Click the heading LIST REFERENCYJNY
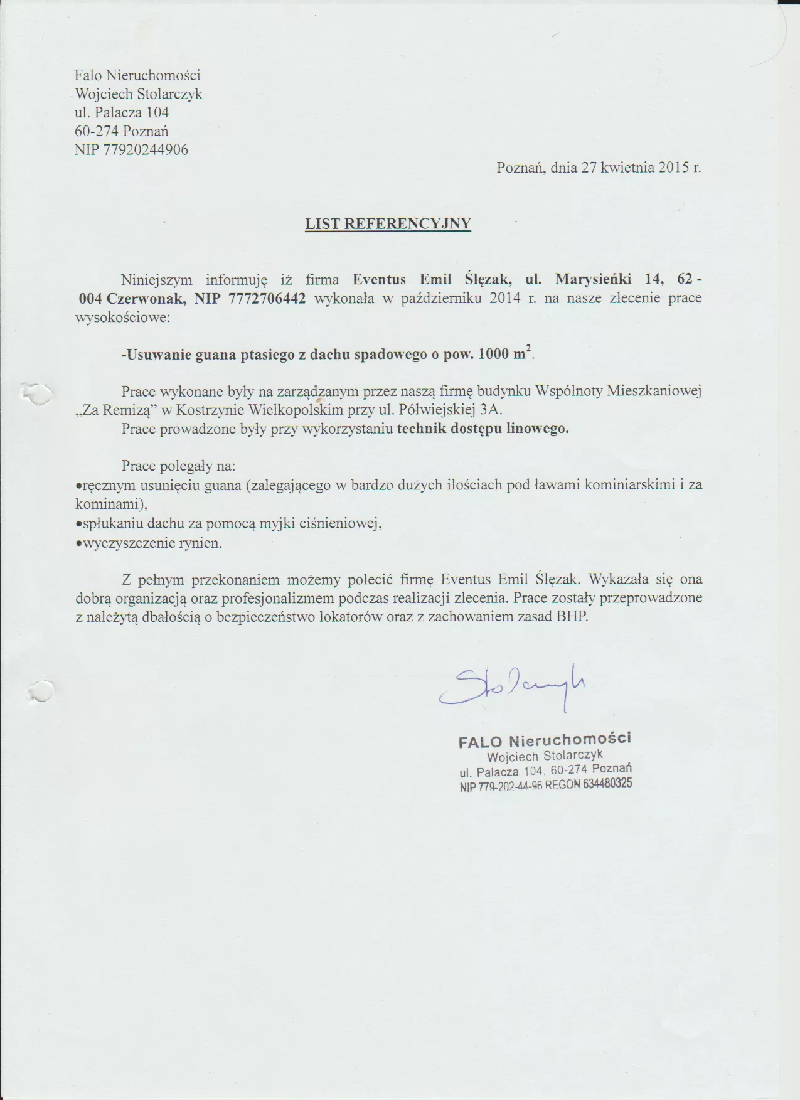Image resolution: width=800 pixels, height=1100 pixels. (x=388, y=224)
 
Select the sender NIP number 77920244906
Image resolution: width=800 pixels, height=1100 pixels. (x=149, y=150)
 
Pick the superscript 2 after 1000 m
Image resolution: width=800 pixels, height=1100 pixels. (x=529, y=350)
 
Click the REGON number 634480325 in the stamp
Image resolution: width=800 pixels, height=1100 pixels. (x=607, y=784)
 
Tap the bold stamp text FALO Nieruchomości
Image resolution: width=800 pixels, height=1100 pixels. (x=545, y=740)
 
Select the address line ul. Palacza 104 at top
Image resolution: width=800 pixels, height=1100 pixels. (x=122, y=113)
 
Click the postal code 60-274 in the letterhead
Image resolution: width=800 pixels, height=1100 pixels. (x=97, y=132)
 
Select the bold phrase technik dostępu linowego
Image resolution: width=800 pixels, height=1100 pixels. (x=483, y=430)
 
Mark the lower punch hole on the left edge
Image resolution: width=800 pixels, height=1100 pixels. (x=39, y=690)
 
